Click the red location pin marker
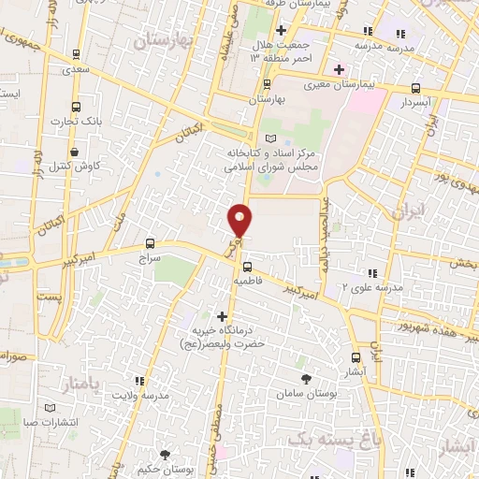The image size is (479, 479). click(x=240, y=220)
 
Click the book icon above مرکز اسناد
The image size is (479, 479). click(x=271, y=138)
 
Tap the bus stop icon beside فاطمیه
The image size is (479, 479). click(x=247, y=266)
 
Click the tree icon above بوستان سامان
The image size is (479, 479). click(x=307, y=378)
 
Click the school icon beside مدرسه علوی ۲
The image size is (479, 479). click(x=372, y=273)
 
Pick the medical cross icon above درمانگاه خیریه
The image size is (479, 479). click(x=222, y=316)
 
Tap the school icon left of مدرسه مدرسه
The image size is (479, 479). click(x=380, y=31)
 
